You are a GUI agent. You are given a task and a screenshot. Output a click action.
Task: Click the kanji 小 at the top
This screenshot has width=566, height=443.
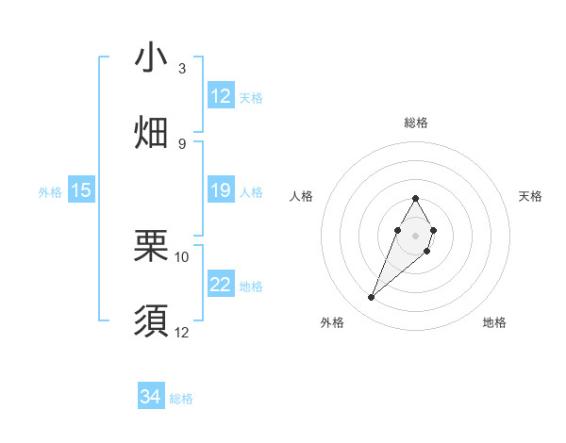pos(151,58)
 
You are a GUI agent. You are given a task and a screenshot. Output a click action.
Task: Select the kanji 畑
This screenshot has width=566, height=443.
pos(151,133)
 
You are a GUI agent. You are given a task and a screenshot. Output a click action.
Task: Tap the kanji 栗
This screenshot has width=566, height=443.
pos(151,247)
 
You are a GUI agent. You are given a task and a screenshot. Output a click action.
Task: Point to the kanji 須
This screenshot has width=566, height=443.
pos(151,321)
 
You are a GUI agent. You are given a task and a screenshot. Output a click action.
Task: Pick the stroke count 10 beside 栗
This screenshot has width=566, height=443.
pos(182,256)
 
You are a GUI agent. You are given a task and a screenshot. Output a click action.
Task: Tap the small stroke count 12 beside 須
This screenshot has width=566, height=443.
pos(182,332)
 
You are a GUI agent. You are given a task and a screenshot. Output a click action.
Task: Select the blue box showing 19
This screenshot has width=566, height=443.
pos(221,190)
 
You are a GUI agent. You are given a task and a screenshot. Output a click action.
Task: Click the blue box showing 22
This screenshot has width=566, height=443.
pos(221,285)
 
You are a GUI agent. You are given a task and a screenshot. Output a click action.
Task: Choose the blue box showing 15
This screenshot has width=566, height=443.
pos(81,190)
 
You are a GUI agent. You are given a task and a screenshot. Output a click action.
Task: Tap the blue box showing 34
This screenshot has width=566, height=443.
pos(151,397)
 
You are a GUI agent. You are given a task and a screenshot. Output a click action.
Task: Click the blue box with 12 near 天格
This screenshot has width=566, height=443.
pos(221,96)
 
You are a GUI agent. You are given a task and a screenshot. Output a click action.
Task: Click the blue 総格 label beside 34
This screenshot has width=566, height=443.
pos(181,399)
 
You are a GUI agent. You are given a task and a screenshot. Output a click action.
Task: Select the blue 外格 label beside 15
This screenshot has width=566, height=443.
pos(50,192)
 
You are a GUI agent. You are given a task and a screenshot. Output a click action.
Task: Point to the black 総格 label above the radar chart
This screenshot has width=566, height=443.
pos(416,123)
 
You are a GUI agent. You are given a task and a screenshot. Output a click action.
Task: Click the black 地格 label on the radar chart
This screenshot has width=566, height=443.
pos(494,322)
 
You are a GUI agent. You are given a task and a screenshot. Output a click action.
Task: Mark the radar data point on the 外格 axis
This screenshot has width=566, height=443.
pos(372,298)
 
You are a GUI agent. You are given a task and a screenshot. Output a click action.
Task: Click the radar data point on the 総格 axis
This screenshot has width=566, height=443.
pos(415,198)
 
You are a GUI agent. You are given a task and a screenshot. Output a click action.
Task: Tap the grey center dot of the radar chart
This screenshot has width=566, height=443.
pos(415,234)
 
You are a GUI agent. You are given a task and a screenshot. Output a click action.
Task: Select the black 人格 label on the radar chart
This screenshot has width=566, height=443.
pos(302,196)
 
